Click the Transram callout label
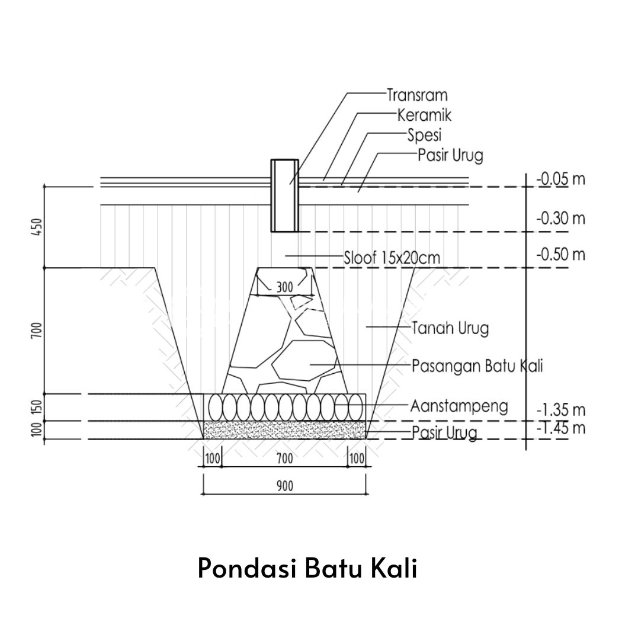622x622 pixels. tap(417, 94)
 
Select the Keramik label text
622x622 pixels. tap(420, 114)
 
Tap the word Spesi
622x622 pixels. tap(424, 135)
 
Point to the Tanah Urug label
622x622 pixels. tap(450, 327)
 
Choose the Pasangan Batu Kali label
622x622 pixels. tap(477, 365)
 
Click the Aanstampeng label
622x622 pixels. tap(459, 406)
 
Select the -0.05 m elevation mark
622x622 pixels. tap(560, 178)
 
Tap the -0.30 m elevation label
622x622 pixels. tap(560, 219)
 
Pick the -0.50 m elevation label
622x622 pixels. tap(560, 255)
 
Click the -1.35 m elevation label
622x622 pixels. tap(560, 409)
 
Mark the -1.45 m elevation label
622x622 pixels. tap(560, 428)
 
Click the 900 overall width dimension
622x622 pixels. tap(284, 485)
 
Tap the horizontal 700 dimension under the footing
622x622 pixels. tap(284, 459)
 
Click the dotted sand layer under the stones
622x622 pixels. tap(284, 429)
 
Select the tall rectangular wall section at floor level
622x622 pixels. tap(284, 195)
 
